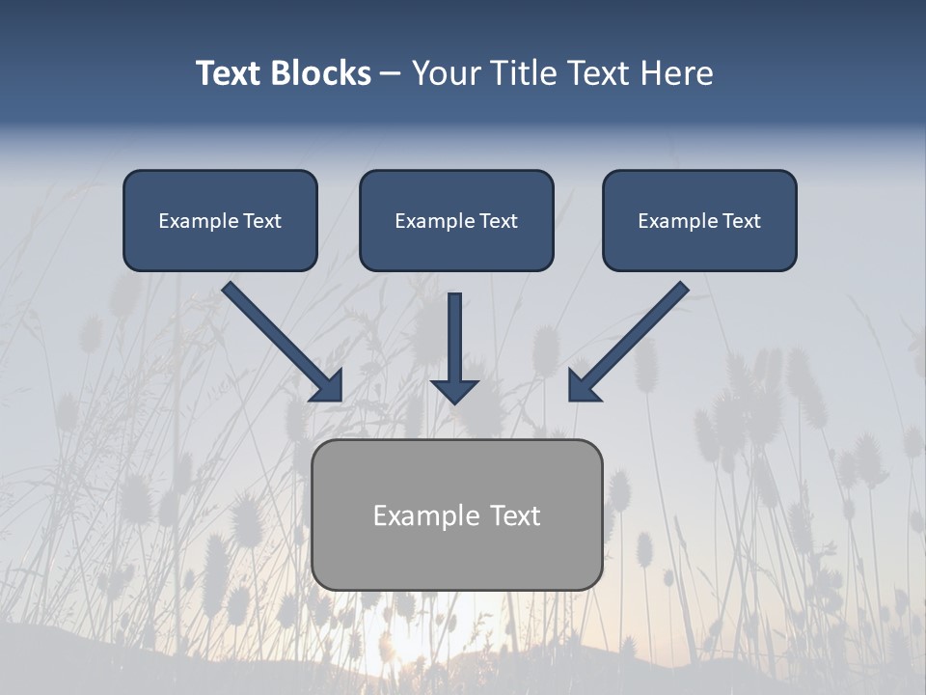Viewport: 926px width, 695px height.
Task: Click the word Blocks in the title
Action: point(320,73)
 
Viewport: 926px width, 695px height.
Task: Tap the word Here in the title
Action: point(676,73)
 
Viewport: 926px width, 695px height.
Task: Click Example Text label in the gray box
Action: point(456,515)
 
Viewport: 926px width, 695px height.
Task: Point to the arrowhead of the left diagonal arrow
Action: point(328,386)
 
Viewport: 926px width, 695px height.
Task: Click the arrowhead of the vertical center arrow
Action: point(454,391)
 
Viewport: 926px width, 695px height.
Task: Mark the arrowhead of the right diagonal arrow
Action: point(583,386)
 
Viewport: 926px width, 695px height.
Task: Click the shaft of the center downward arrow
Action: point(454,333)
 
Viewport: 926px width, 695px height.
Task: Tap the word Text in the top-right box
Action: point(741,221)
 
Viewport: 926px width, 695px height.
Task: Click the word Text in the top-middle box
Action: point(498,221)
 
